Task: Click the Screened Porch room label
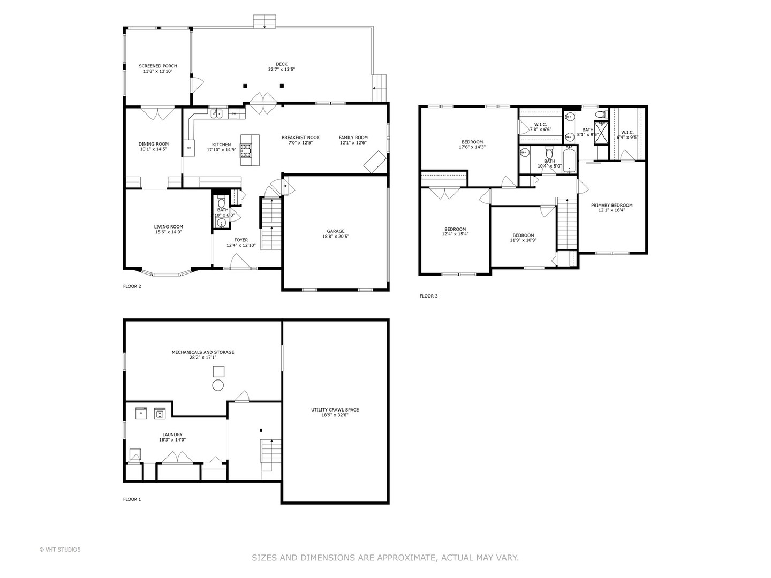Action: [x=157, y=66]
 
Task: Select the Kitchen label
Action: [x=221, y=144]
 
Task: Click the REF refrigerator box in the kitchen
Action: [x=188, y=148]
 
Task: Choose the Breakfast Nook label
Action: [x=300, y=138]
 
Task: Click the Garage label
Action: [x=336, y=231]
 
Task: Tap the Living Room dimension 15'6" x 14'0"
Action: [x=168, y=232]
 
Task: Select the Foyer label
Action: [x=241, y=240]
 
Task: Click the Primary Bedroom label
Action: [x=611, y=205]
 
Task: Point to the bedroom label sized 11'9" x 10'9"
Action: [x=523, y=235]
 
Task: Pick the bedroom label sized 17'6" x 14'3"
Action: [x=472, y=142]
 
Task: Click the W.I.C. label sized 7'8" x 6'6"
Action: [x=540, y=125]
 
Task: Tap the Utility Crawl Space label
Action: [x=335, y=410]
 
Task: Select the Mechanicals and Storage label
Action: [x=203, y=352]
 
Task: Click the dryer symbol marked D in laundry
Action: [x=141, y=413]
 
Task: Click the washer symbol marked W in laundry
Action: [x=160, y=413]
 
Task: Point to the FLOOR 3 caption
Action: [x=428, y=296]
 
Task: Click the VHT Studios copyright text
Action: [x=60, y=550]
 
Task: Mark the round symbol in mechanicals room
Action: [x=218, y=385]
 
